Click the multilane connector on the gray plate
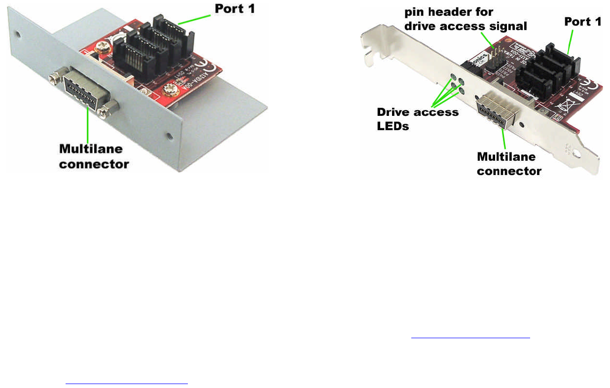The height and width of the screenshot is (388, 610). [x=81, y=91]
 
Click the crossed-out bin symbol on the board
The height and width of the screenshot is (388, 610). [x=563, y=105]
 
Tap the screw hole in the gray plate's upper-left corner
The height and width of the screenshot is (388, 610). [x=18, y=35]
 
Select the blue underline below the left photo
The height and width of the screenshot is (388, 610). [x=126, y=383]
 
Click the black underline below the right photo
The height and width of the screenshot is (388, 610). [x=470, y=338]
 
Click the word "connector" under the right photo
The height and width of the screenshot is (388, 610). [x=509, y=171]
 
